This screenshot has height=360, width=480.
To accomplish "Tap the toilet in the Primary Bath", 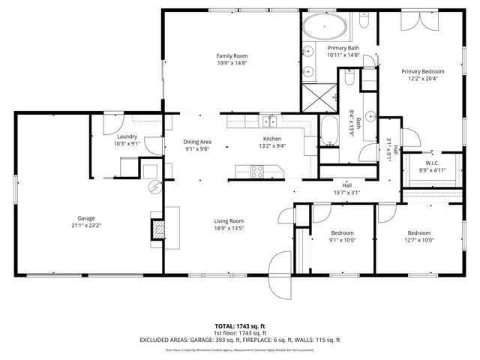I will click(363, 22).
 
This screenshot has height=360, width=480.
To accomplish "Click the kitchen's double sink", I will click(271, 121).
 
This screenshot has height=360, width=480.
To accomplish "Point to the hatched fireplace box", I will click(158, 229).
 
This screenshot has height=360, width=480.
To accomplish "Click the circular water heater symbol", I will click(155, 187).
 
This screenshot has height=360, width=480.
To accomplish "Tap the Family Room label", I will click(232, 56).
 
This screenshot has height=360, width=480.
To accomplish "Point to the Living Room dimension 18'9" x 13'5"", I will click(229, 228).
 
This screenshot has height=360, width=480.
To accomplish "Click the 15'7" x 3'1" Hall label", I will click(346, 185).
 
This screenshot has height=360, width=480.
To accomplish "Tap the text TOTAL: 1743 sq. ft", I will click(239, 326).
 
